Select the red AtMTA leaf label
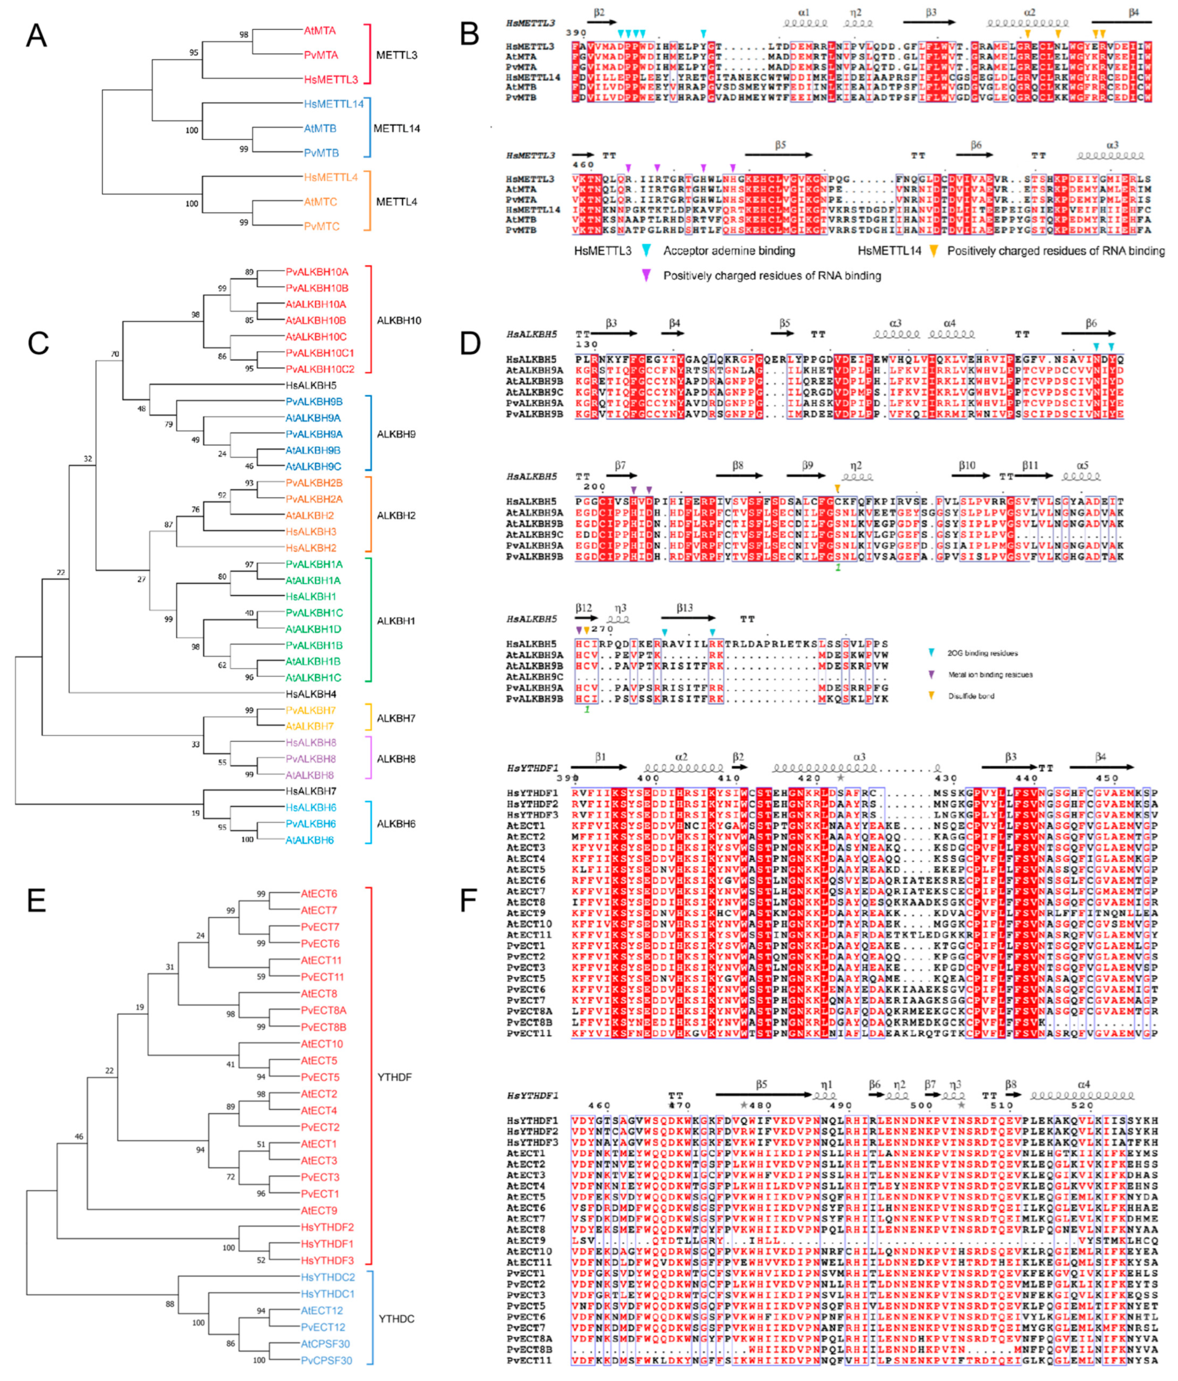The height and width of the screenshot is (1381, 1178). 320,31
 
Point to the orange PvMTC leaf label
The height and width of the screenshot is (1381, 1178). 322,227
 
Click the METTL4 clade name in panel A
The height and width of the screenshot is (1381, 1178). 397,202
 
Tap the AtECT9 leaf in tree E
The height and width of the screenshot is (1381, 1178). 319,1210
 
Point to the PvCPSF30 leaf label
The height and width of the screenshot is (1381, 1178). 327,1361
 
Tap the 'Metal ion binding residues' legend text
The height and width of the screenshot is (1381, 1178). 990,674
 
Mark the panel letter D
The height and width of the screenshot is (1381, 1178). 470,343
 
